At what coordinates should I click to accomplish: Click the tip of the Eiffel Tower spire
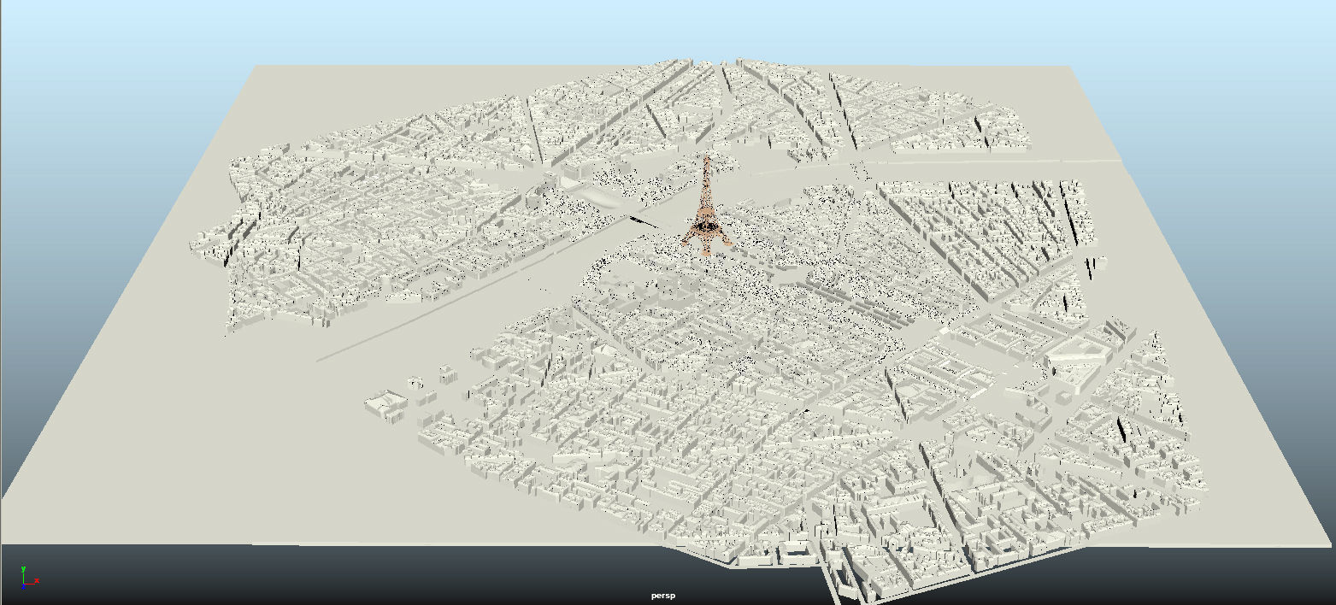pyautogui.click(x=707, y=156)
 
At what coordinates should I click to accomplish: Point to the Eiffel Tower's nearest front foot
pyautogui.click(x=707, y=253)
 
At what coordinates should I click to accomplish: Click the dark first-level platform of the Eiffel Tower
pyautogui.click(x=706, y=226)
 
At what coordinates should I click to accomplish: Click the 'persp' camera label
pyautogui.click(x=662, y=596)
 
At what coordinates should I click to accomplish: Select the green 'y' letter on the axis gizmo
pyautogui.click(x=23, y=568)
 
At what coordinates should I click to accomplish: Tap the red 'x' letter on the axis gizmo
pyautogui.click(x=37, y=582)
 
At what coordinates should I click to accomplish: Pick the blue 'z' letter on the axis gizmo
pyautogui.click(x=24, y=589)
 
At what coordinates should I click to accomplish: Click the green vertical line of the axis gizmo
pyautogui.click(x=24, y=576)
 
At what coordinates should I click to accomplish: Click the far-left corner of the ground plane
pyautogui.click(x=256, y=66)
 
